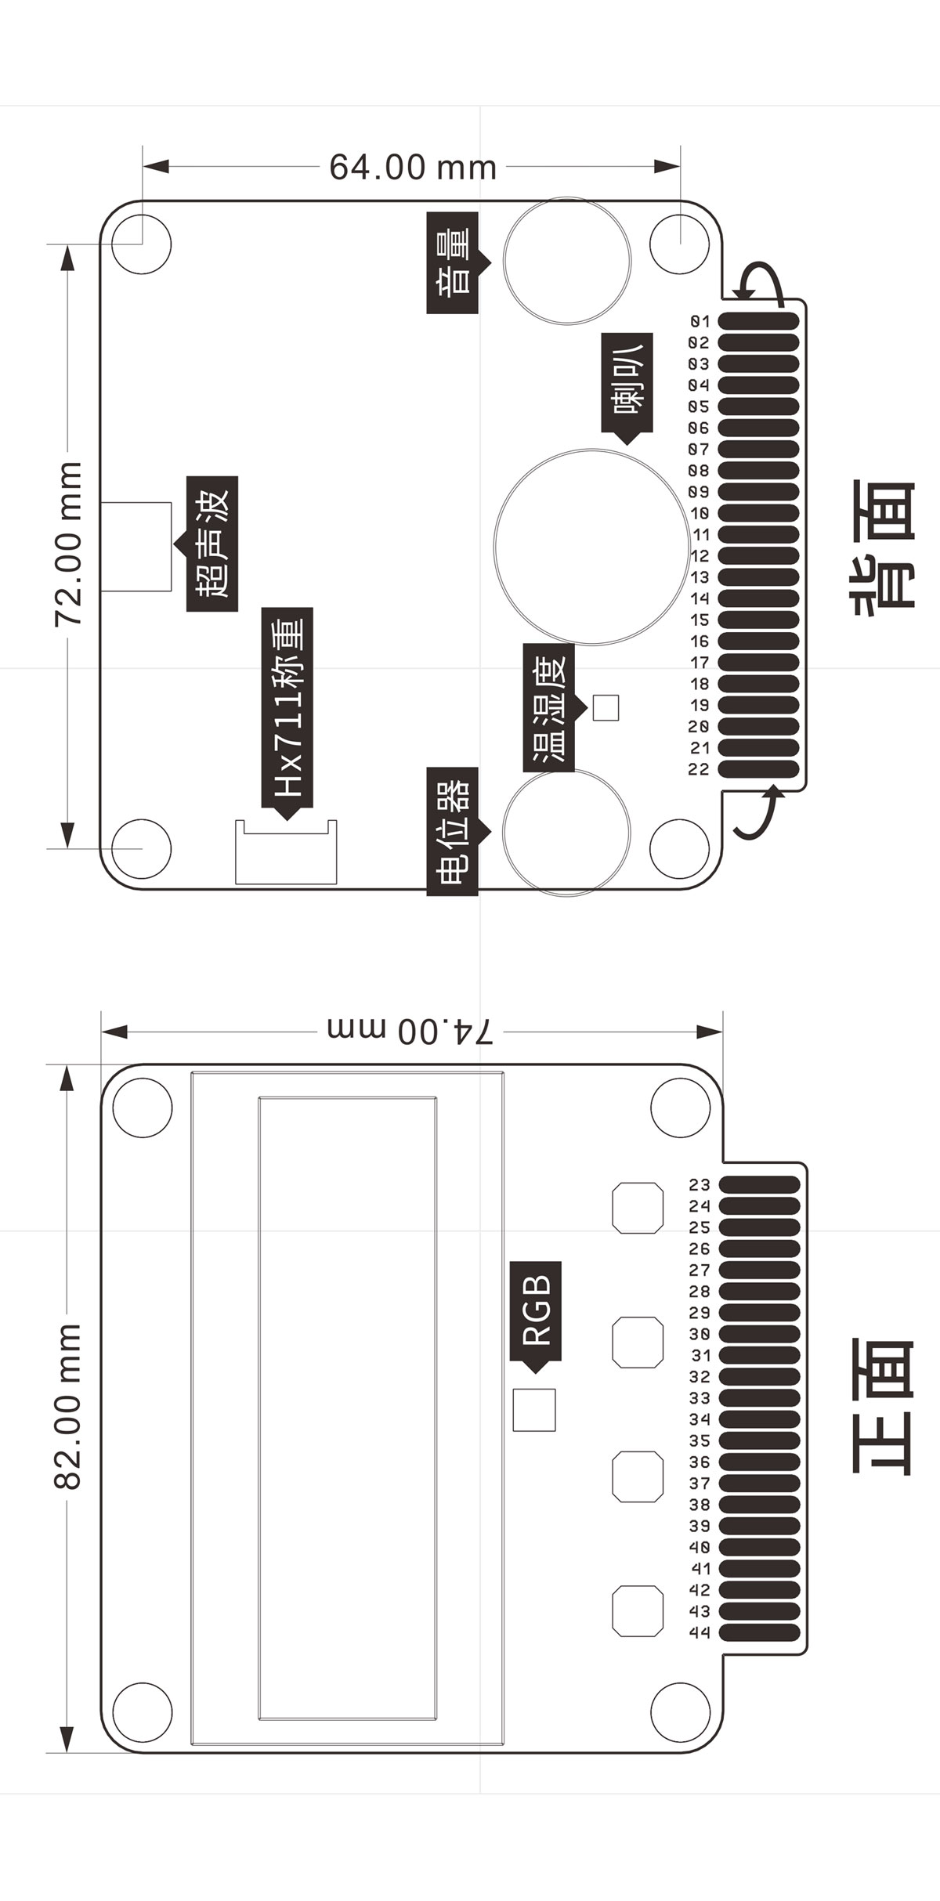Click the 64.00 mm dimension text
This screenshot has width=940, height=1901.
413,167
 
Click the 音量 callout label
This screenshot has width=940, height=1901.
453,262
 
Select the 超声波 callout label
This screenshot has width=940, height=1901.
212,543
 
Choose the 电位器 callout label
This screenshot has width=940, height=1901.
453,831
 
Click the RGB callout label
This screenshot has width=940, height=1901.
536,1310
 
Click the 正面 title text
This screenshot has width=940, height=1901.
883,1406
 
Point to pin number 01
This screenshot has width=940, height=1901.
700,321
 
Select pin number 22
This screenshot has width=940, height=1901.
699,769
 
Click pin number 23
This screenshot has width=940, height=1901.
700,1185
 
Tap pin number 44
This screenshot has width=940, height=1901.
700,1632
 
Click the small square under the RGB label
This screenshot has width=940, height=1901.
534,1410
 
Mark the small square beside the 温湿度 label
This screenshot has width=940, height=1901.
606,707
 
